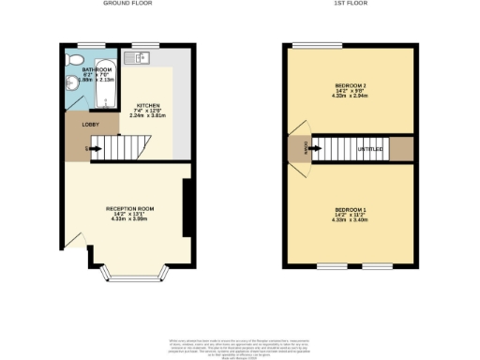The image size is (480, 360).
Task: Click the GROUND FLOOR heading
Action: point(127,4)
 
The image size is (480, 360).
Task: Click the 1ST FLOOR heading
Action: point(352,4)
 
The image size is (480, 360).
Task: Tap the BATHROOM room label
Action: point(97,69)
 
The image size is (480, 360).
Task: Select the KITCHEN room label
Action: point(148,105)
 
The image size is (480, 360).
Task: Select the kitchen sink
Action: point(142,58)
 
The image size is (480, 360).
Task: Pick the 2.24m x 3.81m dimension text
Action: point(148,116)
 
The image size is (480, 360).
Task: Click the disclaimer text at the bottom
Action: point(240,343)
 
